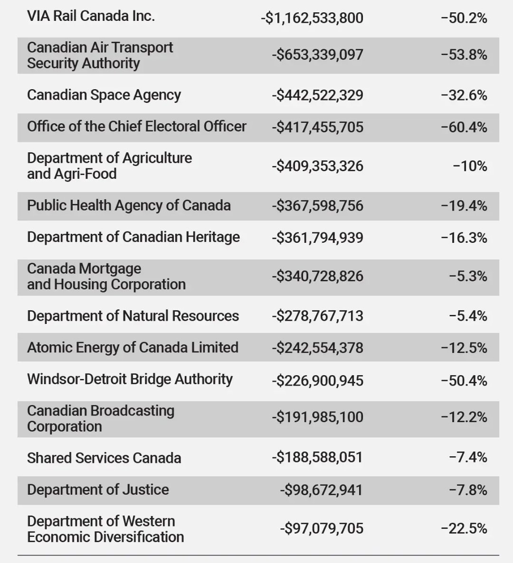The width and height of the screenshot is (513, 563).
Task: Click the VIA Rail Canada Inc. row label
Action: (x=91, y=16)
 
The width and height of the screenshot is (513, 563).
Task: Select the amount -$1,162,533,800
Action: (x=312, y=18)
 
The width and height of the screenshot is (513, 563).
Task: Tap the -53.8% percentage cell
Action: (x=464, y=55)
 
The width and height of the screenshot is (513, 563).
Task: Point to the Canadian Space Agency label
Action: (x=104, y=95)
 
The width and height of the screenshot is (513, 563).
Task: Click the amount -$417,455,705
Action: (x=317, y=127)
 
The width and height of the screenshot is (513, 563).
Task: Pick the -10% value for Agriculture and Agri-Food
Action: (x=470, y=166)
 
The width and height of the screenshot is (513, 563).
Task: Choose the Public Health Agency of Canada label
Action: (x=129, y=205)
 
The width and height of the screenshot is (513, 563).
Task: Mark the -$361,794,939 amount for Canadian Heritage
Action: (x=317, y=238)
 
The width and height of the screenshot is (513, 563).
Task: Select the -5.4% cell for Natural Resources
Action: (x=468, y=316)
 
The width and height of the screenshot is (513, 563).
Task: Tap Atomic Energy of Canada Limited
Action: (x=133, y=348)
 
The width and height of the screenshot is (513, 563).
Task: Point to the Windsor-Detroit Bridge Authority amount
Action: (x=317, y=380)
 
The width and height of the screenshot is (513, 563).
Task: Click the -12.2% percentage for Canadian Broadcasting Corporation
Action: (x=464, y=417)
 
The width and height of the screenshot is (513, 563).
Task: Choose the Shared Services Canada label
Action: (x=104, y=458)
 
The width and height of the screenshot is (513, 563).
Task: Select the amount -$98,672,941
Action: (x=321, y=490)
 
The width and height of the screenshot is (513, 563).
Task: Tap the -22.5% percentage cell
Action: (x=464, y=528)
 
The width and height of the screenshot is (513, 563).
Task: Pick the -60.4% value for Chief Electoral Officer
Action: (x=464, y=127)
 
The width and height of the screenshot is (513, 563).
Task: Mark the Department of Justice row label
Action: (x=98, y=489)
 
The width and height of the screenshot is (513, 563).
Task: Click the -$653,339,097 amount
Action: (x=317, y=55)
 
